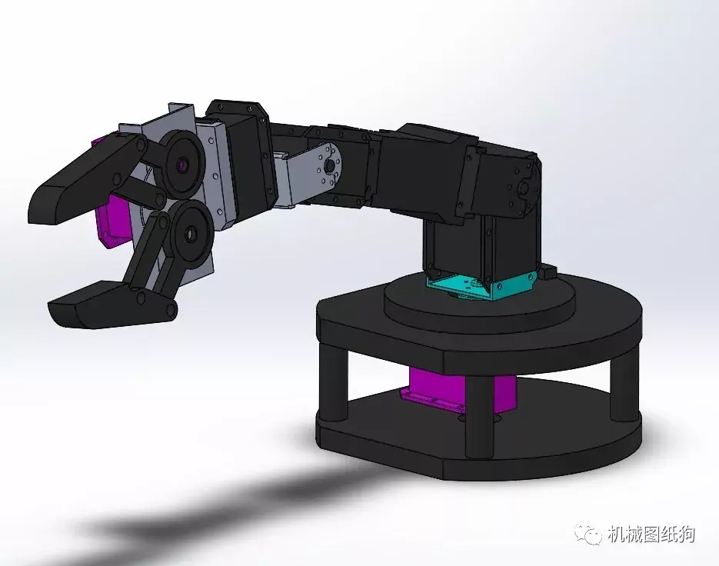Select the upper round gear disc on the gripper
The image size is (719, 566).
182,164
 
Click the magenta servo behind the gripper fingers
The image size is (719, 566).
113,220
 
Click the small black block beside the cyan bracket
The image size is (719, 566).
547,273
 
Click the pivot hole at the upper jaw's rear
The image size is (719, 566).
141,145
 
